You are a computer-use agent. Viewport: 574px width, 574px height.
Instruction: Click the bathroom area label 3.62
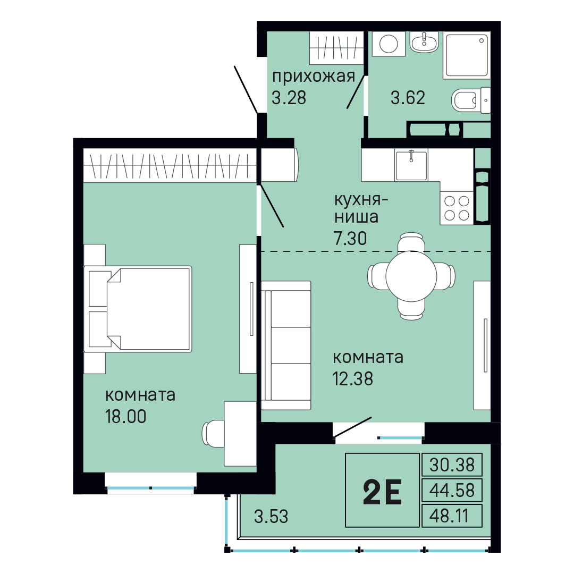pyautogui.click(x=408, y=98)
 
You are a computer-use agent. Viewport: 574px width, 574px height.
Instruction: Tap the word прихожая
pyautogui.click(x=314, y=77)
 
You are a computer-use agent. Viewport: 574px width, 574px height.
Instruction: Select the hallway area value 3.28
pyautogui.click(x=289, y=98)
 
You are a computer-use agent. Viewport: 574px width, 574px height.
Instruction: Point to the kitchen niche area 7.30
pyautogui.click(x=350, y=238)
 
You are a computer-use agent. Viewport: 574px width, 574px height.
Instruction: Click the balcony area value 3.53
pyautogui.click(x=271, y=517)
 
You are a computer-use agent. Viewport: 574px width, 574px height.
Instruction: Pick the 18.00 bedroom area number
pyautogui.click(x=125, y=416)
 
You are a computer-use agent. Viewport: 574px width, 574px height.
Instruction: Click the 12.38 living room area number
pyautogui.click(x=353, y=378)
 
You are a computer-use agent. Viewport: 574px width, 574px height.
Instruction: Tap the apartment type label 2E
pyautogui.click(x=383, y=492)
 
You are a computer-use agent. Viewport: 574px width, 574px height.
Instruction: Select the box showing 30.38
pyautogui.click(x=452, y=465)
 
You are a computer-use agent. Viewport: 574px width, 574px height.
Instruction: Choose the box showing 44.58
pyautogui.click(x=452, y=490)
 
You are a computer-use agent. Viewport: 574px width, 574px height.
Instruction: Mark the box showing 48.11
pyautogui.click(x=452, y=516)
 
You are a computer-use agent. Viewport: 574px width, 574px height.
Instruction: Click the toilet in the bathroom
pyautogui.click(x=471, y=100)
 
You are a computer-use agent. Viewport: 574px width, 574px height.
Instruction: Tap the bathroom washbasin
pyautogui.click(x=424, y=42)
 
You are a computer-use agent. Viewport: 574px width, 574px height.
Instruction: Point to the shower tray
pyautogui.click(x=467, y=55)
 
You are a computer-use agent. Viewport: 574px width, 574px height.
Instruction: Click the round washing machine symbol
pyautogui.click(x=389, y=44)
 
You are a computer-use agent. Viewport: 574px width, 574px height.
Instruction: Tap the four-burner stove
pyautogui.click(x=457, y=208)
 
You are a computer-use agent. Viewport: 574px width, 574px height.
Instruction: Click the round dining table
pyautogui.click(x=411, y=276)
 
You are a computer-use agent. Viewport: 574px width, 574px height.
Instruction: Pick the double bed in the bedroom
pyautogui.click(x=138, y=309)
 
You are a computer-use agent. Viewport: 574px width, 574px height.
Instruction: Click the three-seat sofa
pyautogui.click(x=286, y=345)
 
